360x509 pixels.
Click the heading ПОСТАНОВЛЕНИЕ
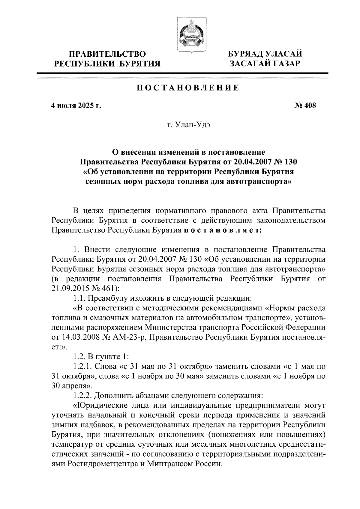pyautogui.click(x=188, y=88)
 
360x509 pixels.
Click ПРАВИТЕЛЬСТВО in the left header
pyautogui.click(x=107, y=55)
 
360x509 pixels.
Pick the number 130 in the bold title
pyautogui.click(x=289, y=162)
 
